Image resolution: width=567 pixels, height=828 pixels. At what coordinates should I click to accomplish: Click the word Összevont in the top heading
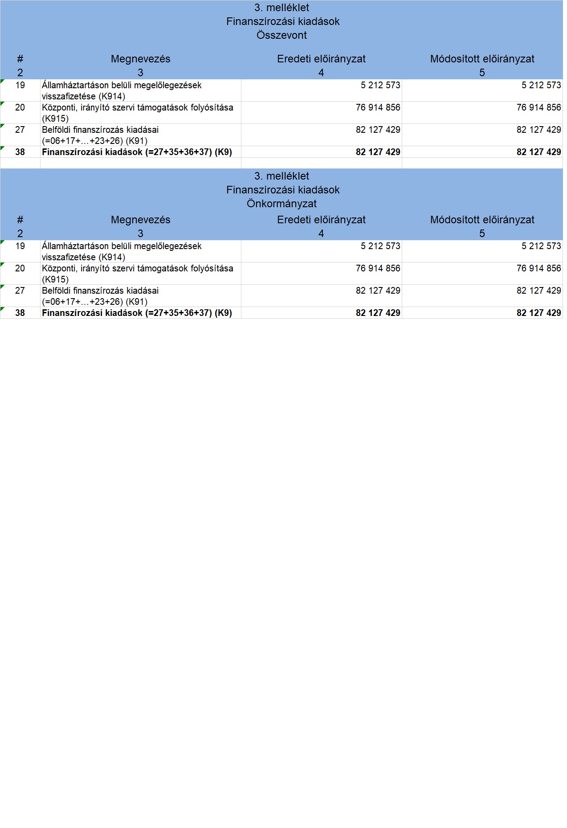pos(281,35)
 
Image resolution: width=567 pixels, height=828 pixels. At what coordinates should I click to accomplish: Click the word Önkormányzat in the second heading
pos(281,204)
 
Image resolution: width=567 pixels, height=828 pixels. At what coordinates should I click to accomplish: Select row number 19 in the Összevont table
pos(20,85)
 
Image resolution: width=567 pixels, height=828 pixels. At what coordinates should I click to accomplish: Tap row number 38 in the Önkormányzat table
pos(20,313)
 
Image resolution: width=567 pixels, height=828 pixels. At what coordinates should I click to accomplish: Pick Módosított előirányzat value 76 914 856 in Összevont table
pos(538,107)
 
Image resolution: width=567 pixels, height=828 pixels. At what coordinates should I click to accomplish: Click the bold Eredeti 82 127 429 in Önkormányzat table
pos(378,313)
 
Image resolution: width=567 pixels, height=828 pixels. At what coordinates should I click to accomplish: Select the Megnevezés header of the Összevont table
pos(140,59)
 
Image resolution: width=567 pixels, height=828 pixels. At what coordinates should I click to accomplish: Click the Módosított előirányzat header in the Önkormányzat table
pos(482,220)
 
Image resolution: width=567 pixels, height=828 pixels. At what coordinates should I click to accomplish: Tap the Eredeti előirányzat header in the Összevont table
pos(321,59)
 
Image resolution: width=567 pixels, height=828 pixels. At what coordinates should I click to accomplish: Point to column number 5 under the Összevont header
pos(482,73)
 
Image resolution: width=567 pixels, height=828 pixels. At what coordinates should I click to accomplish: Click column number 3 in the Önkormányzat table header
pos(140,234)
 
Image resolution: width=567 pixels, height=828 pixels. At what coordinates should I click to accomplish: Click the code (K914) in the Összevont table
pos(111,96)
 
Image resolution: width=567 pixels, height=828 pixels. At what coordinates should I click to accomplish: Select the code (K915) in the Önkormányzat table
pos(55,279)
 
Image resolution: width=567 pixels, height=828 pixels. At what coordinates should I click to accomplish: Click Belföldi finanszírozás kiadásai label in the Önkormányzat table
pos(100,291)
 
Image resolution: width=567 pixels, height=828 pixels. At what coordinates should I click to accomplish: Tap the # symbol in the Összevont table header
pos(20,59)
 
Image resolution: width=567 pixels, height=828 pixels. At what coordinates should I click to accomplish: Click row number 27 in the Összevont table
pos(20,130)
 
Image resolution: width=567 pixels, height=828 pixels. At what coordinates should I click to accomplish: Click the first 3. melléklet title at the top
pos(281,8)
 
